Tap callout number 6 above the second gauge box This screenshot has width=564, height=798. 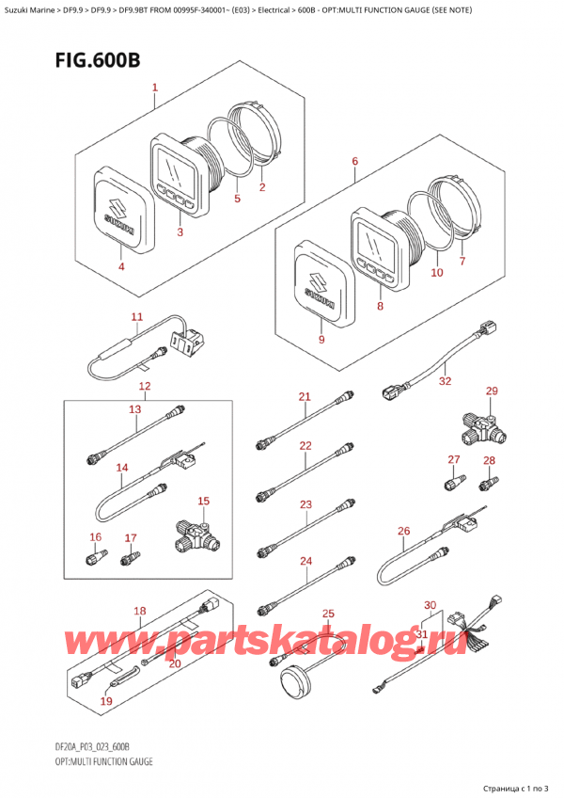(x=354, y=162)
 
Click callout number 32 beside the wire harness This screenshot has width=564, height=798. (x=445, y=381)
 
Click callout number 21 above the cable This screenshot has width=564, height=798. (x=304, y=396)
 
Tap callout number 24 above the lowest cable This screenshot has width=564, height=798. (x=305, y=562)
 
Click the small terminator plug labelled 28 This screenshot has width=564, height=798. (x=488, y=485)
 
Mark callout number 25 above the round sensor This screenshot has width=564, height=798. (x=328, y=614)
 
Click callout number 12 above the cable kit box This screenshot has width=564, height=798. (x=144, y=387)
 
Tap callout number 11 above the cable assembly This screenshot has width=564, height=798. (x=136, y=317)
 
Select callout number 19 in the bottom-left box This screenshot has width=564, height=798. (x=105, y=701)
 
